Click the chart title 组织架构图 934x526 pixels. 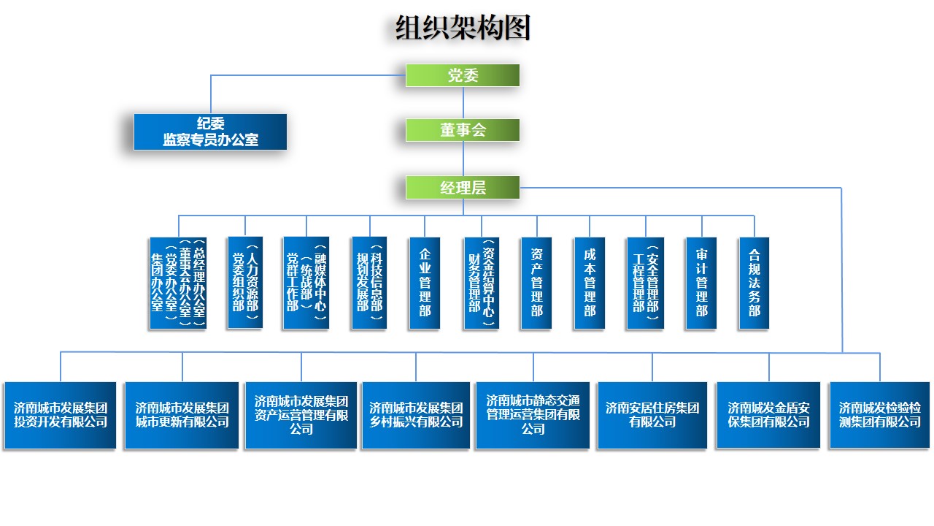tap(463, 28)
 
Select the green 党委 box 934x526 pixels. tap(463, 75)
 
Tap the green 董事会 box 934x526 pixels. tap(463, 130)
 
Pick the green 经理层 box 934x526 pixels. tap(463, 188)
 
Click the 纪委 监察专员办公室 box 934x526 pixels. tap(210, 132)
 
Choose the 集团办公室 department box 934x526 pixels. tap(177, 283)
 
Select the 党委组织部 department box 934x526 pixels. tap(244, 283)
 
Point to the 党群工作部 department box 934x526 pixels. tap(306, 283)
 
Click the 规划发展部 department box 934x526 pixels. tap(368, 283)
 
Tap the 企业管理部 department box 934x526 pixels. tap(425, 283)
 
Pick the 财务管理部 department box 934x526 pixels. tap(481, 283)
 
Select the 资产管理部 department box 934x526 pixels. tap(536, 283)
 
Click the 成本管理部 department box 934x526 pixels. tap(590, 283)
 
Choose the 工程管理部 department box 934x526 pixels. tap(645, 283)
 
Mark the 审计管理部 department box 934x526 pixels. tap(701, 283)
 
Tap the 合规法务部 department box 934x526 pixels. tap(754, 283)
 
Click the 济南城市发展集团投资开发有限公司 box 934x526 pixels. tap(60, 415)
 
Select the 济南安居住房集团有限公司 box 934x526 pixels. tap(652, 415)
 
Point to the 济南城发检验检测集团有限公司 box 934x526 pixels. tap(880, 415)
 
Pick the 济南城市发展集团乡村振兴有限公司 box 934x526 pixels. tap(416, 415)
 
